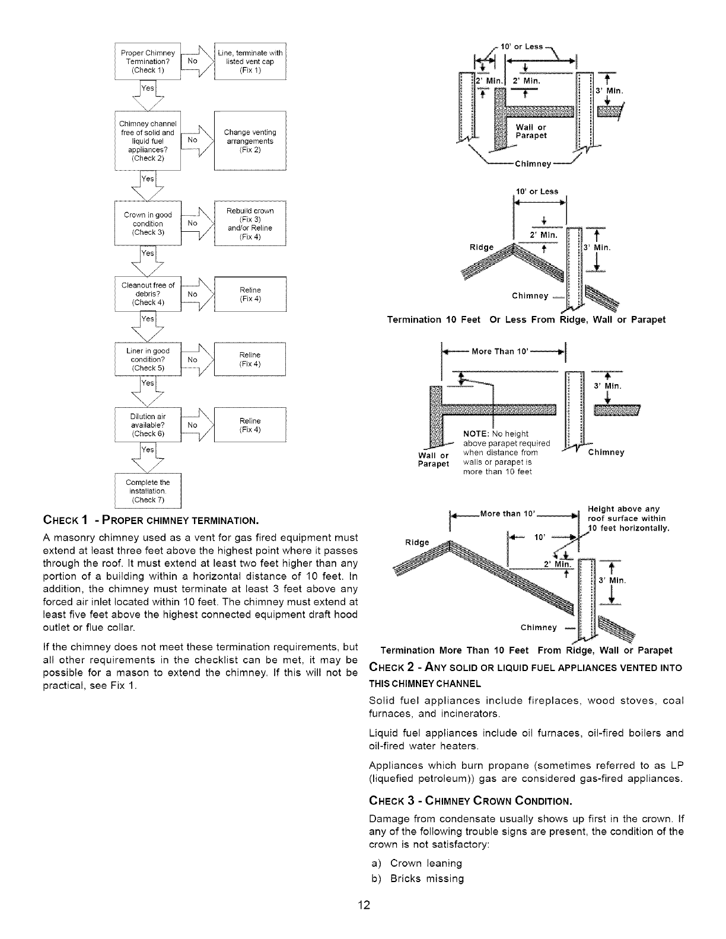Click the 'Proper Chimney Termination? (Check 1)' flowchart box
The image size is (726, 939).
(x=148, y=62)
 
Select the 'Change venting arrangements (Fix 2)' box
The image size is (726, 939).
(x=250, y=141)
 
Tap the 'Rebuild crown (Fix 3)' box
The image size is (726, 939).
(x=250, y=223)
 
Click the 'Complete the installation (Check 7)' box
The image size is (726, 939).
(x=147, y=491)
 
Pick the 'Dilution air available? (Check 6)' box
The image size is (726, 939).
(x=147, y=424)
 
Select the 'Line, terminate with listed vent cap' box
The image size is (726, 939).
(x=250, y=62)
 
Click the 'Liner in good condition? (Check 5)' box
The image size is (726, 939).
(x=147, y=359)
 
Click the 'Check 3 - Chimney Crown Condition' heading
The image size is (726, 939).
(x=470, y=801)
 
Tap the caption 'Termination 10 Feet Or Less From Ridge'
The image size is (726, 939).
(x=526, y=320)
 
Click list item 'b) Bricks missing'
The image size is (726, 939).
(x=417, y=879)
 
